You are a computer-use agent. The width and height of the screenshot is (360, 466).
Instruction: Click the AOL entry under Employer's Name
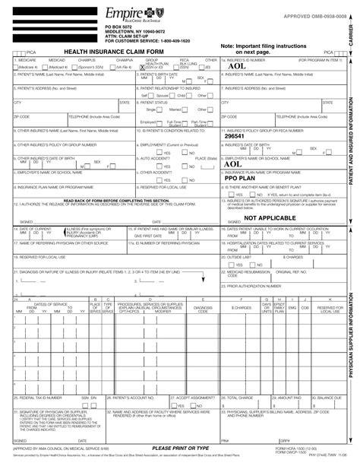tap(234, 163)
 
